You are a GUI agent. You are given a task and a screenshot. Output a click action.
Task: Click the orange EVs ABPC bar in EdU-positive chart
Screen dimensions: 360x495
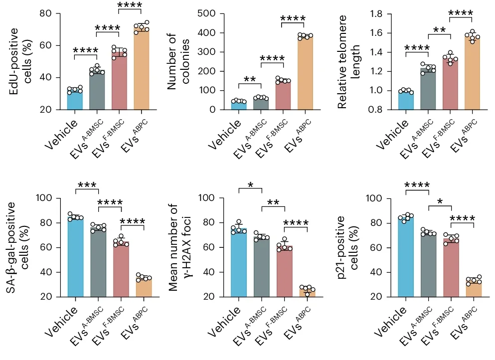coord(141,70)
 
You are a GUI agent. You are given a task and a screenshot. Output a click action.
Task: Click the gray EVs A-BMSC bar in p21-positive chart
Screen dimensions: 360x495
coord(428,264)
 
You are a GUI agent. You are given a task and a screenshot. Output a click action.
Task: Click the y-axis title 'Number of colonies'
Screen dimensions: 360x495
coord(178,60)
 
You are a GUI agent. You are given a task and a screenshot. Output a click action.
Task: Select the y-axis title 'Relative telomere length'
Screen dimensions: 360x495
coord(348,60)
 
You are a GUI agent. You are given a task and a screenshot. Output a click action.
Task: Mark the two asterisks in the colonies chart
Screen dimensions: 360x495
coord(250,79)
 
